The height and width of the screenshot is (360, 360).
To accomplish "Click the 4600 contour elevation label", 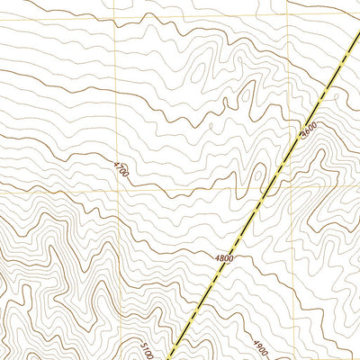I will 310,130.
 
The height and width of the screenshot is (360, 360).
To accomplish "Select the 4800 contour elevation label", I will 224,258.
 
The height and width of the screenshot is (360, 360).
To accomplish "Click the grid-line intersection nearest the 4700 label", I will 116,192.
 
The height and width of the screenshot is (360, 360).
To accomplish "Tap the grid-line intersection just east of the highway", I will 289,192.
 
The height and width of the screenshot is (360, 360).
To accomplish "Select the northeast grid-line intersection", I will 289,17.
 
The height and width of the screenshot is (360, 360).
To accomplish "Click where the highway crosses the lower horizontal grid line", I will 269,192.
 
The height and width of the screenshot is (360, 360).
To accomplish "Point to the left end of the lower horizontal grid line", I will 1,192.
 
